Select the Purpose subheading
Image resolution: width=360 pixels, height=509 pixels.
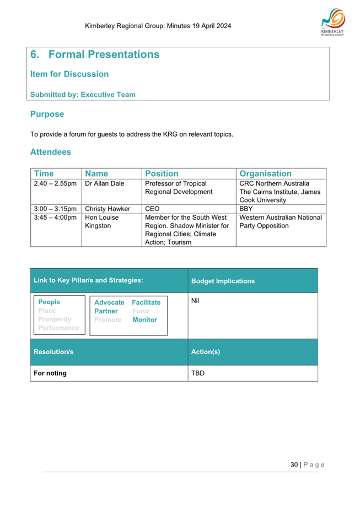click(x=47, y=114)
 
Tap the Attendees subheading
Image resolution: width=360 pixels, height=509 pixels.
click(x=50, y=151)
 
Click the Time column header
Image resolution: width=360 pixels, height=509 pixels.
click(x=44, y=174)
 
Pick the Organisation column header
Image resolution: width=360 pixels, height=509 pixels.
click(x=265, y=174)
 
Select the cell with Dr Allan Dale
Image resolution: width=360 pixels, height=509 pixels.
click(x=104, y=183)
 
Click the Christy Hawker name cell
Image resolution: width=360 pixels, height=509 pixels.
click(x=107, y=209)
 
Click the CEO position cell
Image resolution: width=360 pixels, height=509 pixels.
click(x=152, y=209)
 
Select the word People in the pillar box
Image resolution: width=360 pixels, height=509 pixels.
click(x=49, y=302)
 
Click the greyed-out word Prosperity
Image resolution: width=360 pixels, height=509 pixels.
click(x=55, y=319)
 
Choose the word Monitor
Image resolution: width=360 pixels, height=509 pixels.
click(x=144, y=320)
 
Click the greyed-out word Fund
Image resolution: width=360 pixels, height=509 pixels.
click(x=140, y=311)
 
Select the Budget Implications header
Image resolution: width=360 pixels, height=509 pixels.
click(x=223, y=281)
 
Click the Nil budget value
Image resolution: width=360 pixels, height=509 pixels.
click(x=195, y=301)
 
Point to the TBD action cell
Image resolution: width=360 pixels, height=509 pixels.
click(x=197, y=373)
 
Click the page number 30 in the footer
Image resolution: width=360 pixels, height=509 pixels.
click(x=294, y=464)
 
